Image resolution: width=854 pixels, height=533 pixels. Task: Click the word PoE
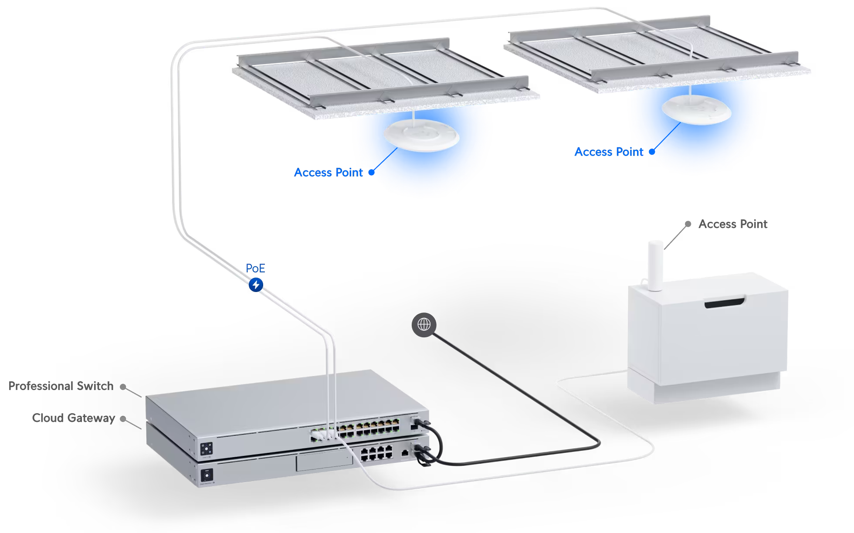click(x=255, y=268)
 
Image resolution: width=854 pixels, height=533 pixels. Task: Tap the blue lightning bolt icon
click(x=256, y=285)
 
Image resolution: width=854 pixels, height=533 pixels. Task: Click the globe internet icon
click(x=424, y=325)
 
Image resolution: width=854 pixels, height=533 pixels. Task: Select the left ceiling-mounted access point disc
click(x=421, y=135)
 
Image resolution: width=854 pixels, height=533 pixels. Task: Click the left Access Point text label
click(x=329, y=173)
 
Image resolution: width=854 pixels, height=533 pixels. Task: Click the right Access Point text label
click(x=609, y=152)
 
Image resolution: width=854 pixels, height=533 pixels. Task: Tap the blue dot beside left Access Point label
click(x=371, y=172)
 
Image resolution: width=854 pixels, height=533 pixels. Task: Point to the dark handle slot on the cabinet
click(x=725, y=302)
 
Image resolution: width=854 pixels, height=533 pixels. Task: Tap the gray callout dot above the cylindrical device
click(x=688, y=224)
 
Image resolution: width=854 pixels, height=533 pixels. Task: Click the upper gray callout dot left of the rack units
click(x=123, y=387)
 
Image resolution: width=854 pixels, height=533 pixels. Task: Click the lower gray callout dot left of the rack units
click(x=123, y=419)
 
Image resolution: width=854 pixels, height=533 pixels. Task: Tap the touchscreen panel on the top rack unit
click(x=207, y=448)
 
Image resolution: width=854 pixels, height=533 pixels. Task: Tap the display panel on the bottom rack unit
click(x=207, y=474)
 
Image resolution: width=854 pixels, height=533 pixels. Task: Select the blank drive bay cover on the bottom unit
click(x=324, y=461)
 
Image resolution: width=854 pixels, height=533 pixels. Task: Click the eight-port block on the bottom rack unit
click(x=376, y=454)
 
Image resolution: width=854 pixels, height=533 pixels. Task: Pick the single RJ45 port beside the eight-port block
click(x=405, y=453)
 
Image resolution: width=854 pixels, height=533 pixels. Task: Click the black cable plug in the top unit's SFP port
click(x=420, y=422)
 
